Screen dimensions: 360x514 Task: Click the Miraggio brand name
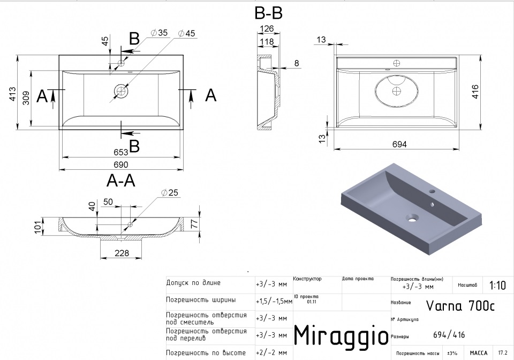pyautogui.click(x=341, y=335)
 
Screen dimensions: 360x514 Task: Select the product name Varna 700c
pyautogui.click(x=460, y=305)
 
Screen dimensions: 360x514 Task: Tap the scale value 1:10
pyautogui.click(x=497, y=285)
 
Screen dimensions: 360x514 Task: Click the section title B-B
pyautogui.click(x=268, y=12)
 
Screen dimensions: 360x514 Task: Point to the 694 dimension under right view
pyautogui.click(x=399, y=144)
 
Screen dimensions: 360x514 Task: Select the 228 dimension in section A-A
pyautogui.click(x=120, y=252)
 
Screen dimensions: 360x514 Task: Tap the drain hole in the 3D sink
pyautogui.click(x=412, y=218)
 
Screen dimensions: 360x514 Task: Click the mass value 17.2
pyautogui.click(x=503, y=353)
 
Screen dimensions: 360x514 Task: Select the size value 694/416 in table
pyautogui.click(x=449, y=335)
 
